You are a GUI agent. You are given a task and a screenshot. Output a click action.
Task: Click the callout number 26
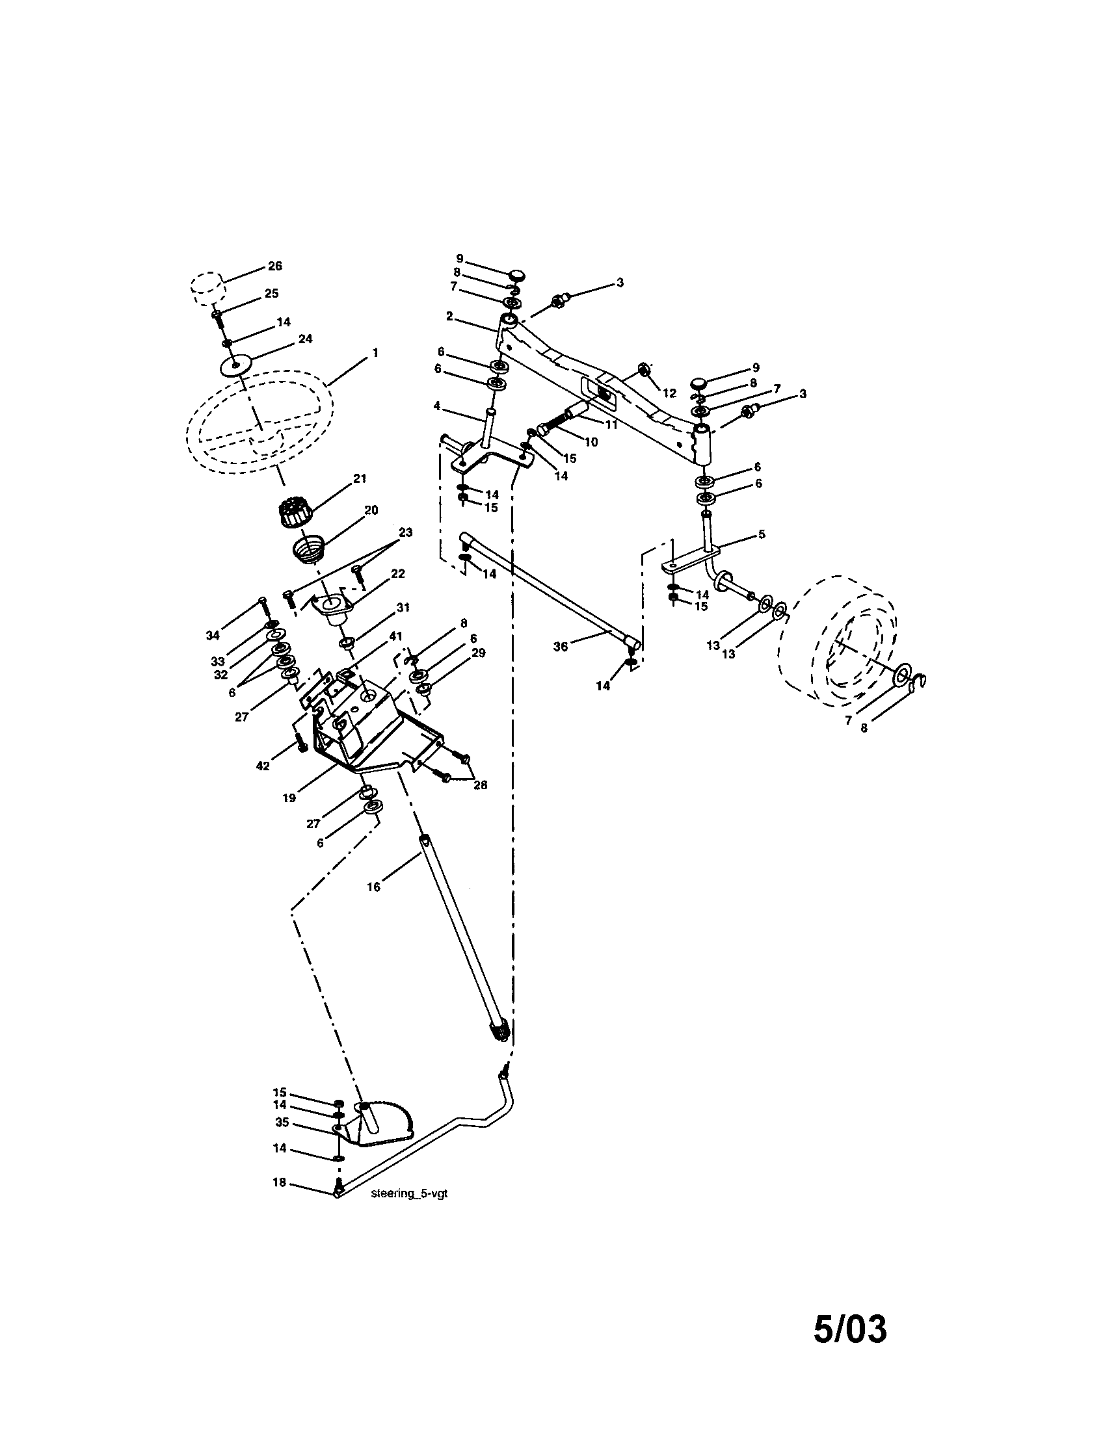coord(275,266)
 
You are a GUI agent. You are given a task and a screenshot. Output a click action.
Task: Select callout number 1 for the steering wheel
coord(375,352)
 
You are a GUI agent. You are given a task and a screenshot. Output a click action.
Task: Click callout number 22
coord(397,573)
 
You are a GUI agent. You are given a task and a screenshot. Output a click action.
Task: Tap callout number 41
coord(395,636)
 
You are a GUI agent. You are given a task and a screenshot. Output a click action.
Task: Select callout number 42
coord(262,766)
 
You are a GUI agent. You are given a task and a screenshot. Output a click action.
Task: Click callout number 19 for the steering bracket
coord(289,798)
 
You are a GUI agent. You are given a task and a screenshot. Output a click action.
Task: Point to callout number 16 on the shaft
coord(373,887)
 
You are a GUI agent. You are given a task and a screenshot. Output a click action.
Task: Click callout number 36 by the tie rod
coord(560,646)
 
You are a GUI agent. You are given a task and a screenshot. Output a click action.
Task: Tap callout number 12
coord(669,393)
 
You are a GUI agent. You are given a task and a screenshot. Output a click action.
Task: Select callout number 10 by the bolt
coord(591,442)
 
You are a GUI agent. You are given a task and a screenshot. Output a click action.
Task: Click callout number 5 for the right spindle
coord(761,534)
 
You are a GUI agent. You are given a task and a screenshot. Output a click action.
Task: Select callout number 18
coord(280,1182)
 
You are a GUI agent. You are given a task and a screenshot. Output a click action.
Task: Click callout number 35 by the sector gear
coord(282,1123)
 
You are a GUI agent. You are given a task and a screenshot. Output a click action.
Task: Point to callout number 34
coord(212,635)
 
